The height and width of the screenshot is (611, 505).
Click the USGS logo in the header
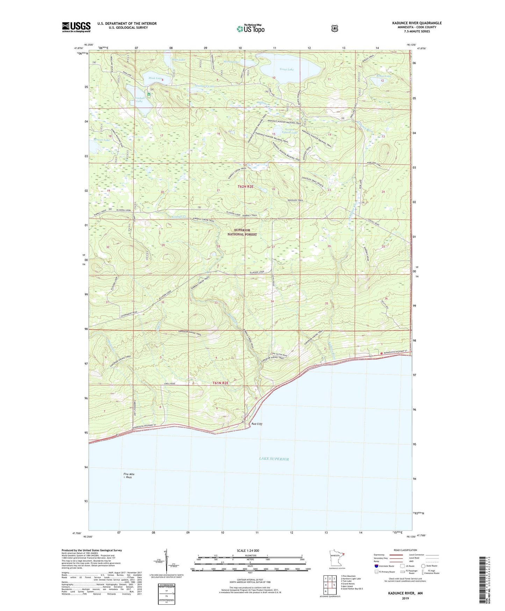pos(76,27)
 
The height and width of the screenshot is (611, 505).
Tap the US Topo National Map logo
pos(250,28)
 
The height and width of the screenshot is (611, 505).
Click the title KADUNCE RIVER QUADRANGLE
pos(417,23)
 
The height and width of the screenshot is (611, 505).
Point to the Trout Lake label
pos(286,69)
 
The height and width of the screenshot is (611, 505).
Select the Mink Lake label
pos(155,78)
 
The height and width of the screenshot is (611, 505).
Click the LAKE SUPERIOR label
pos(274,459)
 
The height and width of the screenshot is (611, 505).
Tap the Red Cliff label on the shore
pos(257,424)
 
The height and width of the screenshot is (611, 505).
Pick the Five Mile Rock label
pos(129,476)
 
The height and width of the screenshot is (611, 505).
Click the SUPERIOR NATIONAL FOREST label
pos(242,232)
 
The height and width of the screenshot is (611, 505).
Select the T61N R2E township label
pos(220,383)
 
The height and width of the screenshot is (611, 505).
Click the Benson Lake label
pos(102,140)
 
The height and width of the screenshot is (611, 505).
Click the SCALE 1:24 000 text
pos(248,550)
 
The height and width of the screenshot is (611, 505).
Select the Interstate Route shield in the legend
pos(376,566)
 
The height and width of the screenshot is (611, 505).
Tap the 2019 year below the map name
pos(405,598)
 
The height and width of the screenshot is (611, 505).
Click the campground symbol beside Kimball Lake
pos(149,94)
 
